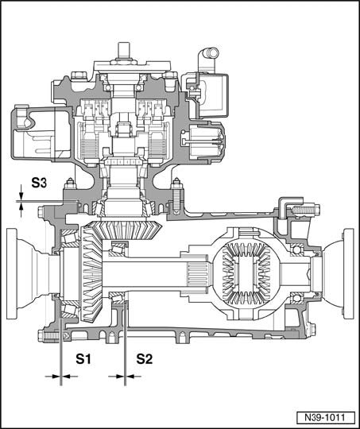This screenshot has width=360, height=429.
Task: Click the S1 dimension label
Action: pyautogui.click(x=83, y=358)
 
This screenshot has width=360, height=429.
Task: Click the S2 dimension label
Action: pyautogui.click(x=145, y=358)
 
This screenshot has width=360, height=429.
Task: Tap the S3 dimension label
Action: pyautogui.click(x=39, y=183)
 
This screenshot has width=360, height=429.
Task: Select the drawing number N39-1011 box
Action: pyautogui.click(x=324, y=418)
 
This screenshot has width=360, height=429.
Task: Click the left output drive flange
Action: pyautogui.click(x=27, y=273)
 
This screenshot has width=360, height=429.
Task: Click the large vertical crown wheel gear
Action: pyautogui.click(x=91, y=273)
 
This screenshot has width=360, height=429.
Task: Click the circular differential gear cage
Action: pyautogui.click(x=246, y=273)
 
